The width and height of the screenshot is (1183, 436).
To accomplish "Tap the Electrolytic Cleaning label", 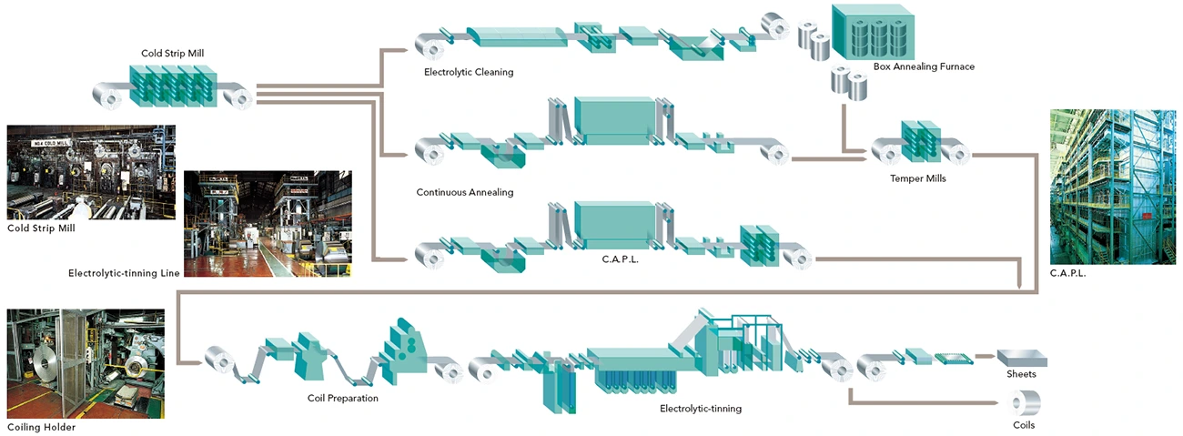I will (x=469, y=72).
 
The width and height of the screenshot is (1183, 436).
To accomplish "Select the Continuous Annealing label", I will (x=465, y=192).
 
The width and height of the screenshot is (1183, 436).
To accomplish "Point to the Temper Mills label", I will (x=917, y=178).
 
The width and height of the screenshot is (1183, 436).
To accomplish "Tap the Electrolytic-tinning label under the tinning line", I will (x=701, y=409).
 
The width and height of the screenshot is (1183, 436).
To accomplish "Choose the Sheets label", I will (x=1021, y=374).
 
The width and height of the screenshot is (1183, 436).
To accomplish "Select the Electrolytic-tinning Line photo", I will (x=268, y=223).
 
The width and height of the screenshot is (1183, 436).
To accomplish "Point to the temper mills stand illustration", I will (x=920, y=145).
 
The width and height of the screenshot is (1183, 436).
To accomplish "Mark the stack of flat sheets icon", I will (x=1019, y=358).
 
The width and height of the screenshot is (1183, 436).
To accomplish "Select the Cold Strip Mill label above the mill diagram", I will (x=173, y=54).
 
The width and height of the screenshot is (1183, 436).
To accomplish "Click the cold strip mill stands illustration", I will (x=173, y=87).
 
